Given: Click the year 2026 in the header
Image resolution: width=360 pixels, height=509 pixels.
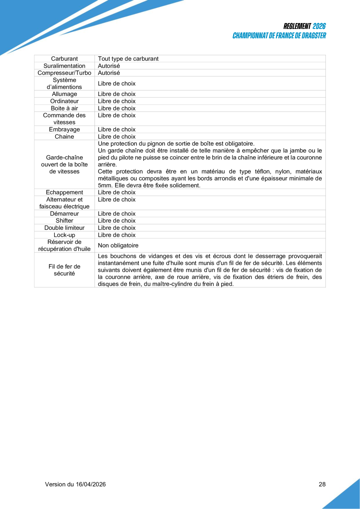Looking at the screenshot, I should [x=319, y=26].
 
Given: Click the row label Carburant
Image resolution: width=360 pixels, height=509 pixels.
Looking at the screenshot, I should [x=64, y=59].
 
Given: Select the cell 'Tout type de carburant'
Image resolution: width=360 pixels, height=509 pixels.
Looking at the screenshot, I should [x=128, y=59].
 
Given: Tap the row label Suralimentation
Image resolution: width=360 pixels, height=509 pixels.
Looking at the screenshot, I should [x=64, y=66].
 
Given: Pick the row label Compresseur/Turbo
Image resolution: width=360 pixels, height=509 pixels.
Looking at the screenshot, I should [x=64, y=73].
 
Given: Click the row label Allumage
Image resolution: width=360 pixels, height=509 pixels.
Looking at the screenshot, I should [x=64, y=94].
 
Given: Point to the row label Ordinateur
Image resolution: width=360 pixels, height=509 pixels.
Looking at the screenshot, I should [x=64, y=101].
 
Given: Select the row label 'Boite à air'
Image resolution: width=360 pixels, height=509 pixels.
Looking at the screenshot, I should [x=64, y=108].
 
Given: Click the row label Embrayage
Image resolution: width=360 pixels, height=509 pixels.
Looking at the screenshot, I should [x=64, y=130].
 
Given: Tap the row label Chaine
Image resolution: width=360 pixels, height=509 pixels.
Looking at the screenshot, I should [x=64, y=137].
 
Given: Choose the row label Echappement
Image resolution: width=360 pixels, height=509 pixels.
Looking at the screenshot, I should [x=64, y=192].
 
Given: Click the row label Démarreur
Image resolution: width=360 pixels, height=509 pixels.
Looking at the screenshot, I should [x=64, y=214].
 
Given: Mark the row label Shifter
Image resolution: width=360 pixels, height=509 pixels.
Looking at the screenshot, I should [x=64, y=221].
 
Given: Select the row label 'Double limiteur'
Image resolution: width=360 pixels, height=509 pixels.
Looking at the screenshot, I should [x=64, y=228].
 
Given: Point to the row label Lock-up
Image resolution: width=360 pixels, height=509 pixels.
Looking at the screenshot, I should [x=64, y=235].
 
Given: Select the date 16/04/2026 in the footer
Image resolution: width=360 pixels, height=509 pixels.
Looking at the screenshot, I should [x=90, y=484].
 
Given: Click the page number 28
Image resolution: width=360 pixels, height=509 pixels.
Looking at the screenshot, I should [x=322, y=484].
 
